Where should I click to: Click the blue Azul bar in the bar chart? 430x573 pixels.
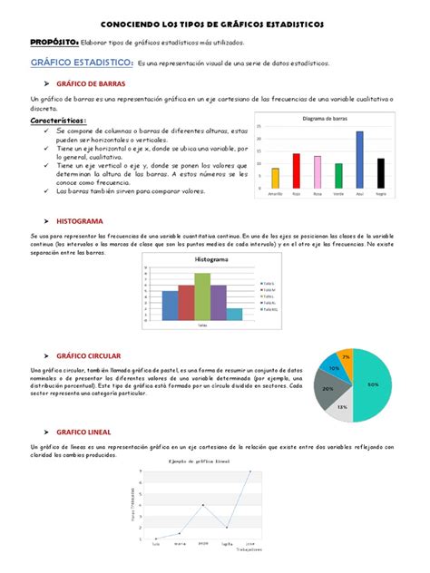tap(359, 160)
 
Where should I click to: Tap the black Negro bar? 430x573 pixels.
tap(380, 172)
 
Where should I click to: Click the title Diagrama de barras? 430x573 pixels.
tap(327, 119)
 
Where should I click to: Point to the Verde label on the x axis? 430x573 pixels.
tap(338, 193)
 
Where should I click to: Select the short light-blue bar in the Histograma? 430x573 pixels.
tap(234, 314)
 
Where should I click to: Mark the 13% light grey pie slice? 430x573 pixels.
tap(342, 407)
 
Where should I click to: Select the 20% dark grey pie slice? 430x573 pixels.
tap(327, 387)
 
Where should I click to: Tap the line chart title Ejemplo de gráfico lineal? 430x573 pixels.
tap(199, 461)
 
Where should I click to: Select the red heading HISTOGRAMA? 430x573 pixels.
tap(80, 221)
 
